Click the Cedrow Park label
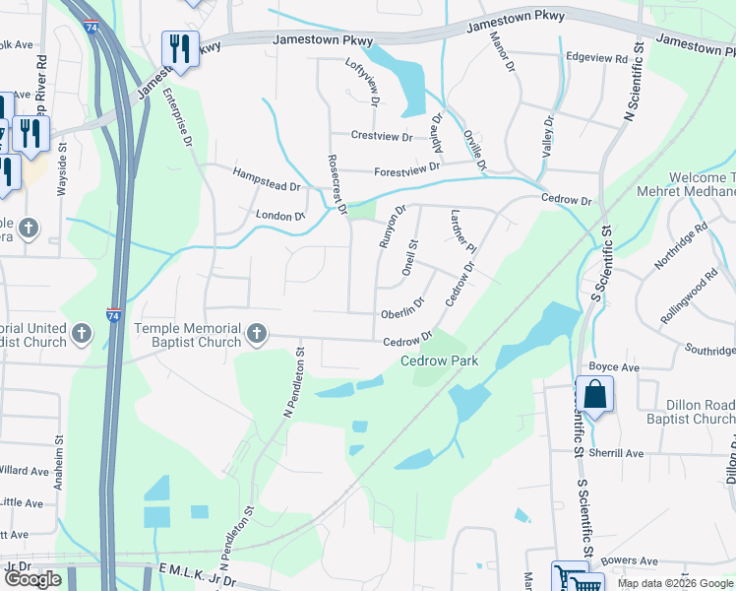439,361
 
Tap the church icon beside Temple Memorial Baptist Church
257,334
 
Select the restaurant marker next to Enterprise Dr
180,48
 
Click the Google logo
32,579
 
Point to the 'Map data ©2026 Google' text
675,583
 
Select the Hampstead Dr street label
266,178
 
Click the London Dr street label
279,216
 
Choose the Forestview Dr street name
406,169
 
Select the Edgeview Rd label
596,60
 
